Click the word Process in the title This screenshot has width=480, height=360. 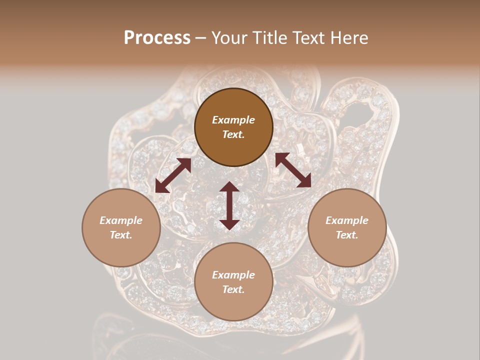pyautogui.click(x=157, y=38)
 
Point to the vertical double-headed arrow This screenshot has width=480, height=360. pyautogui.click(x=229, y=205)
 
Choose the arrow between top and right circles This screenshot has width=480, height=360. pyautogui.click(x=293, y=170)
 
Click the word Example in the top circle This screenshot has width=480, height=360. pyautogui.click(x=233, y=120)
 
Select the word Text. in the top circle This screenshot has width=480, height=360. pyautogui.click(x=233, y=134)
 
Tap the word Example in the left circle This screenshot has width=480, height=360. pyautogui.click(x=121, y=220)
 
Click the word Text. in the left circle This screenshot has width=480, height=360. pyautogui.click(x=121, y=235)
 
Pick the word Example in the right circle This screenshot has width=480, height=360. pyautogui.click(x=347, y=220)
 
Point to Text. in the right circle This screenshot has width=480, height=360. pyautogui.click(x=347, y=235)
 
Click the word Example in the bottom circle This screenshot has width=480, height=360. pyautogui.click(x=233, y=275)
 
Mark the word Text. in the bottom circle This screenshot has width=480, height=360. pyautogui.click(x=233, y=289)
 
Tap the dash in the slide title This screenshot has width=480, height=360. pyautogui.click(x=201, y=38)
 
